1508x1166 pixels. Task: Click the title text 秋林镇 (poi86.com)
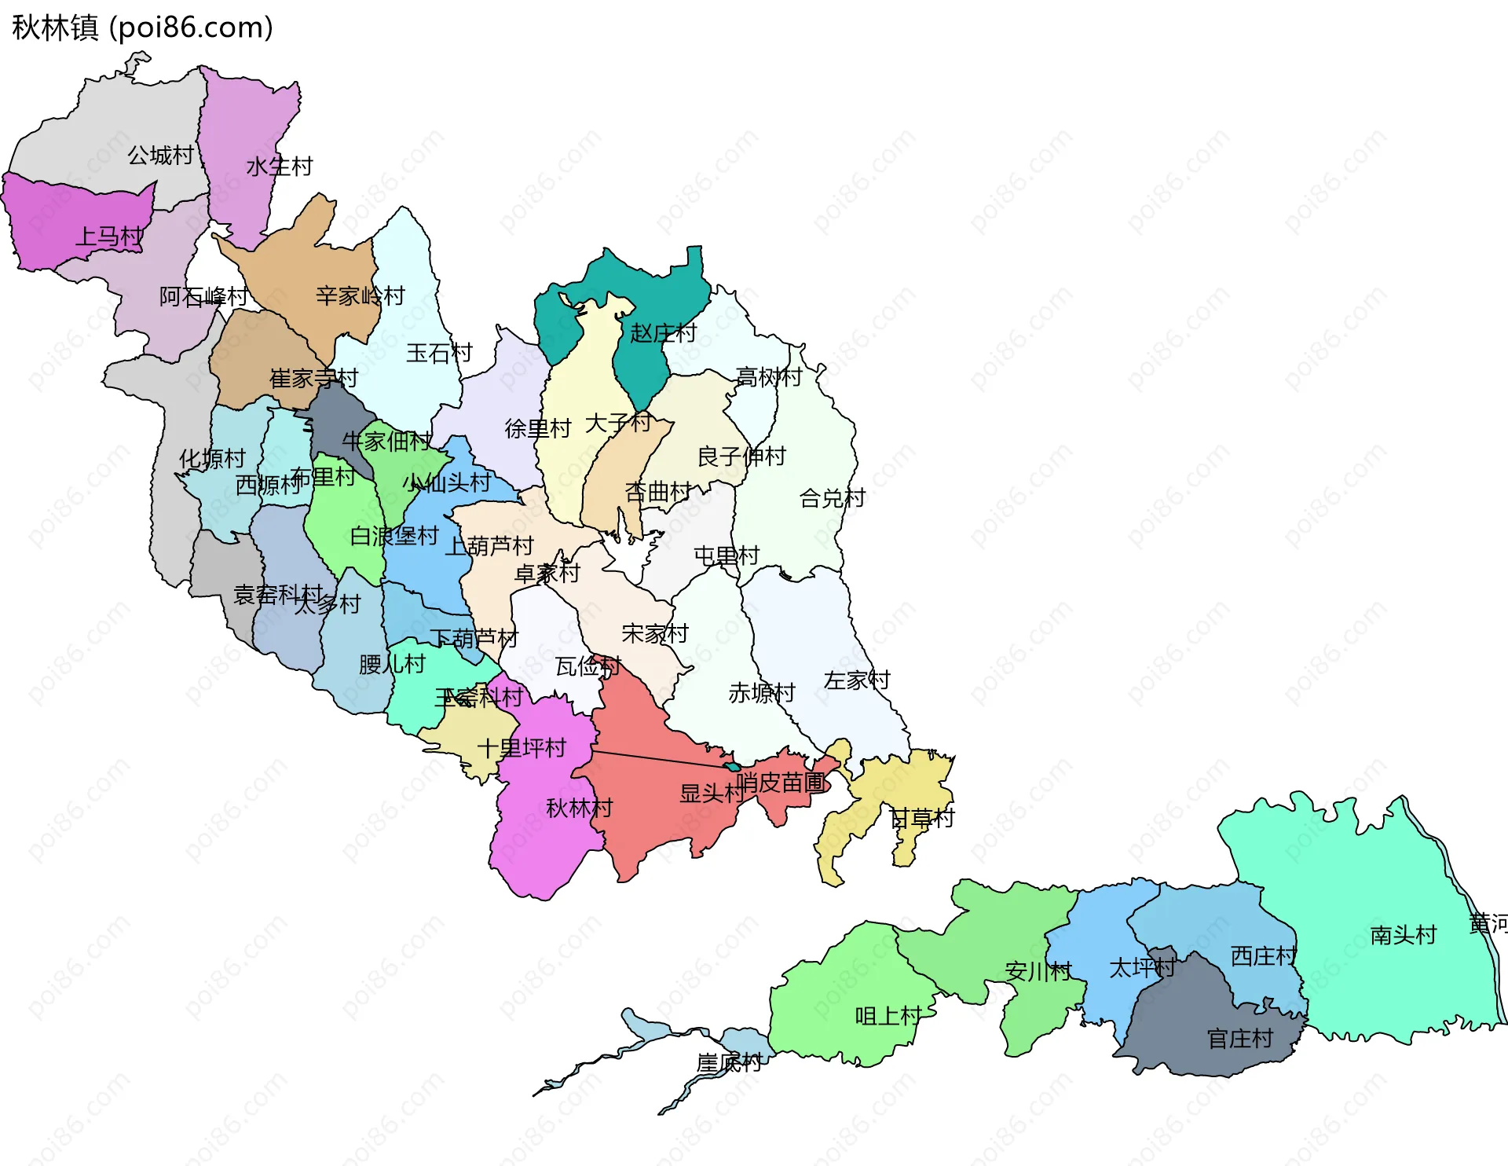(x=142, y=27)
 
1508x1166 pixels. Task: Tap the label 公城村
(x=160, y=155)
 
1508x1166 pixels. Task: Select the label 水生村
(x=279, y=166)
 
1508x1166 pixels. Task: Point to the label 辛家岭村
(x=360, y=295)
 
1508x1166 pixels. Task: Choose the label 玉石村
(x=439, y=353)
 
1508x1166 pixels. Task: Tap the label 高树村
(x=768, y=377)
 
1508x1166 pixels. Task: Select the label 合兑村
(x=832, y=497)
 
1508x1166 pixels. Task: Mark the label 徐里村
(x=537, y=428)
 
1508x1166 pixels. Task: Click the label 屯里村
(x=727, y=555)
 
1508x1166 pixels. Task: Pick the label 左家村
(x=856, y=680)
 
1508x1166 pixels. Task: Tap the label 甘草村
(x=921, y=818)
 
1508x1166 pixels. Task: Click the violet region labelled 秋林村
(x=542, y=849)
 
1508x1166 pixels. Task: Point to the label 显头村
(x=712, y=793)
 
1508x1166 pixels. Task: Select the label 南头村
(x=1403, y=934)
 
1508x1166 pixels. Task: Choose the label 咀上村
(x=888, y=1015)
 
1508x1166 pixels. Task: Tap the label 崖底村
(x=729, y=1063)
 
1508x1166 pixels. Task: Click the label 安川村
(x=1038, y=971)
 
